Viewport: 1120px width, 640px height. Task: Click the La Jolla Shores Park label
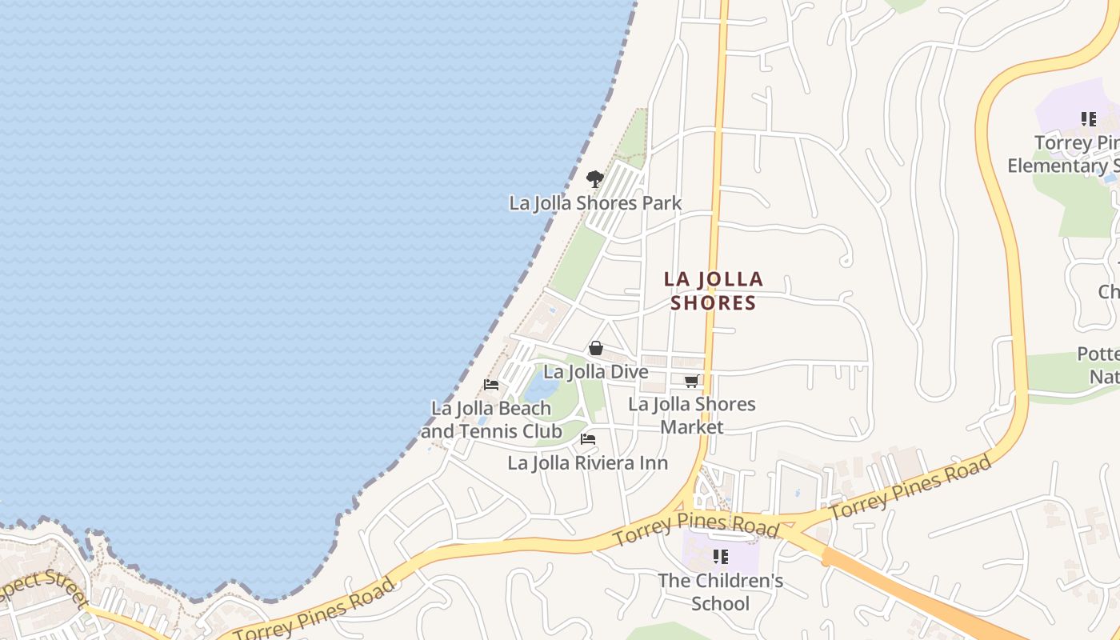595,203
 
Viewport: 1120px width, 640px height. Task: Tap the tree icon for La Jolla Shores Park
594,178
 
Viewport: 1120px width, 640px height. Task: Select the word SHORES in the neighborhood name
713,303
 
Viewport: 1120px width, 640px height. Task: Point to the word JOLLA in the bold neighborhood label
728,280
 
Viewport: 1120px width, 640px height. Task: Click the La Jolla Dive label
595,372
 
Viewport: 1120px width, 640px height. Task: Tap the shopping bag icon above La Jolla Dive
596,348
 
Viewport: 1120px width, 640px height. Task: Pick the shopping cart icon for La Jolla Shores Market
692,381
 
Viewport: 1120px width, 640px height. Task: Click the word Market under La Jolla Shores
692,426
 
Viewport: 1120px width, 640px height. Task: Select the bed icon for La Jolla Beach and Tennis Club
491,385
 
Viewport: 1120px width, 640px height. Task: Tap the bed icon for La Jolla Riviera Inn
588,439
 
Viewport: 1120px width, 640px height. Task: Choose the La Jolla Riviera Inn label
587,463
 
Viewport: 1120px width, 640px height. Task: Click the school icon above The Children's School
721,556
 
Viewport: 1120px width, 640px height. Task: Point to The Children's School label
720,592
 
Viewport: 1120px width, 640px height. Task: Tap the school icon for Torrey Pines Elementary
1088,119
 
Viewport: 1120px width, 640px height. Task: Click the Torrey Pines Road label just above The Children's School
695,527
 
